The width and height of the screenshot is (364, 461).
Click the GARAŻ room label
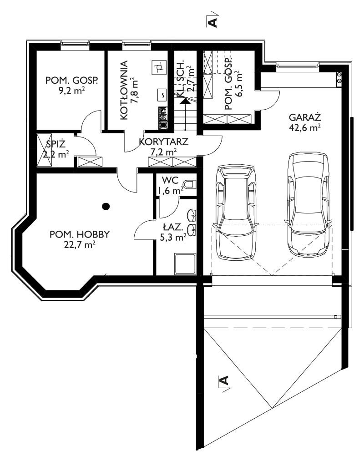coord(304,117)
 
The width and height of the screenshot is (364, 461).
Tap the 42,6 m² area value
coord(304,128)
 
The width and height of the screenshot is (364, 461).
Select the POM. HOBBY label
coord(80,234)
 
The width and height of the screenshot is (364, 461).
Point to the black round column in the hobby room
coord(106,207)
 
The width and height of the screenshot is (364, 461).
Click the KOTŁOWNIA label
coord(124,90)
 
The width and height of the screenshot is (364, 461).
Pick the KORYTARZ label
coord(163,142)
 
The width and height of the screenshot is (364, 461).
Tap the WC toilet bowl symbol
coord(189,184)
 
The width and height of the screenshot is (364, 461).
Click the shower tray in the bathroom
coord(185,264)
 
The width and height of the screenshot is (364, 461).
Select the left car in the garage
coord(235,212)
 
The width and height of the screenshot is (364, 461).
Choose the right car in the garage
coord(308,204)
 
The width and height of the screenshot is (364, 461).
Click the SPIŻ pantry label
coord(56,144)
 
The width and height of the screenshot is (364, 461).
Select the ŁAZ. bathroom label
coord(173,227)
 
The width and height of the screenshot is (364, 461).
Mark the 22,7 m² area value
coord(80,245)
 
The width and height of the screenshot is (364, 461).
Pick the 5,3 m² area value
coord(173,237)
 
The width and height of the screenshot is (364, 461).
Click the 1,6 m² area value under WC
coord(171,191)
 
